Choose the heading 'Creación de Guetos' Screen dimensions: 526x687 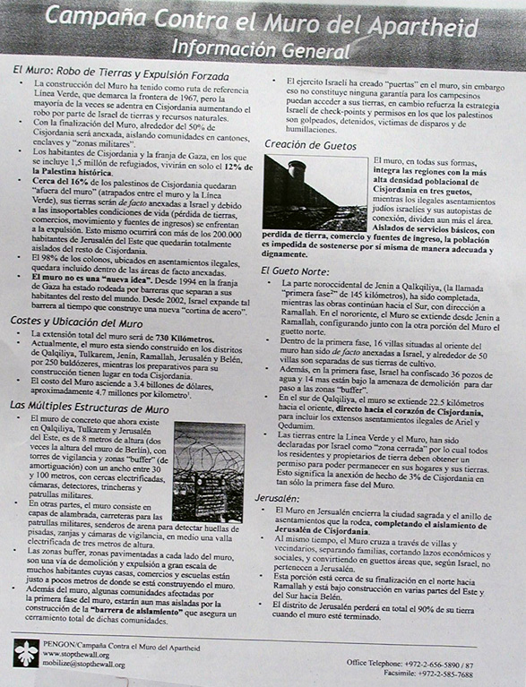311,144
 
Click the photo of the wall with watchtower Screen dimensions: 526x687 314,193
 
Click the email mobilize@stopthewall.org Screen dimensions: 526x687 82,666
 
